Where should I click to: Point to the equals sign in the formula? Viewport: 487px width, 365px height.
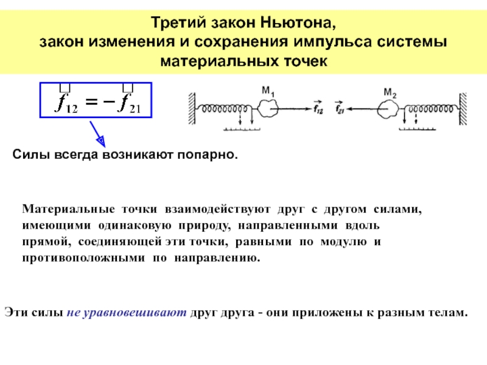pos(91,103)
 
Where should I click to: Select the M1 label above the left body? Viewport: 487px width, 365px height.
pos(268,92)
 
